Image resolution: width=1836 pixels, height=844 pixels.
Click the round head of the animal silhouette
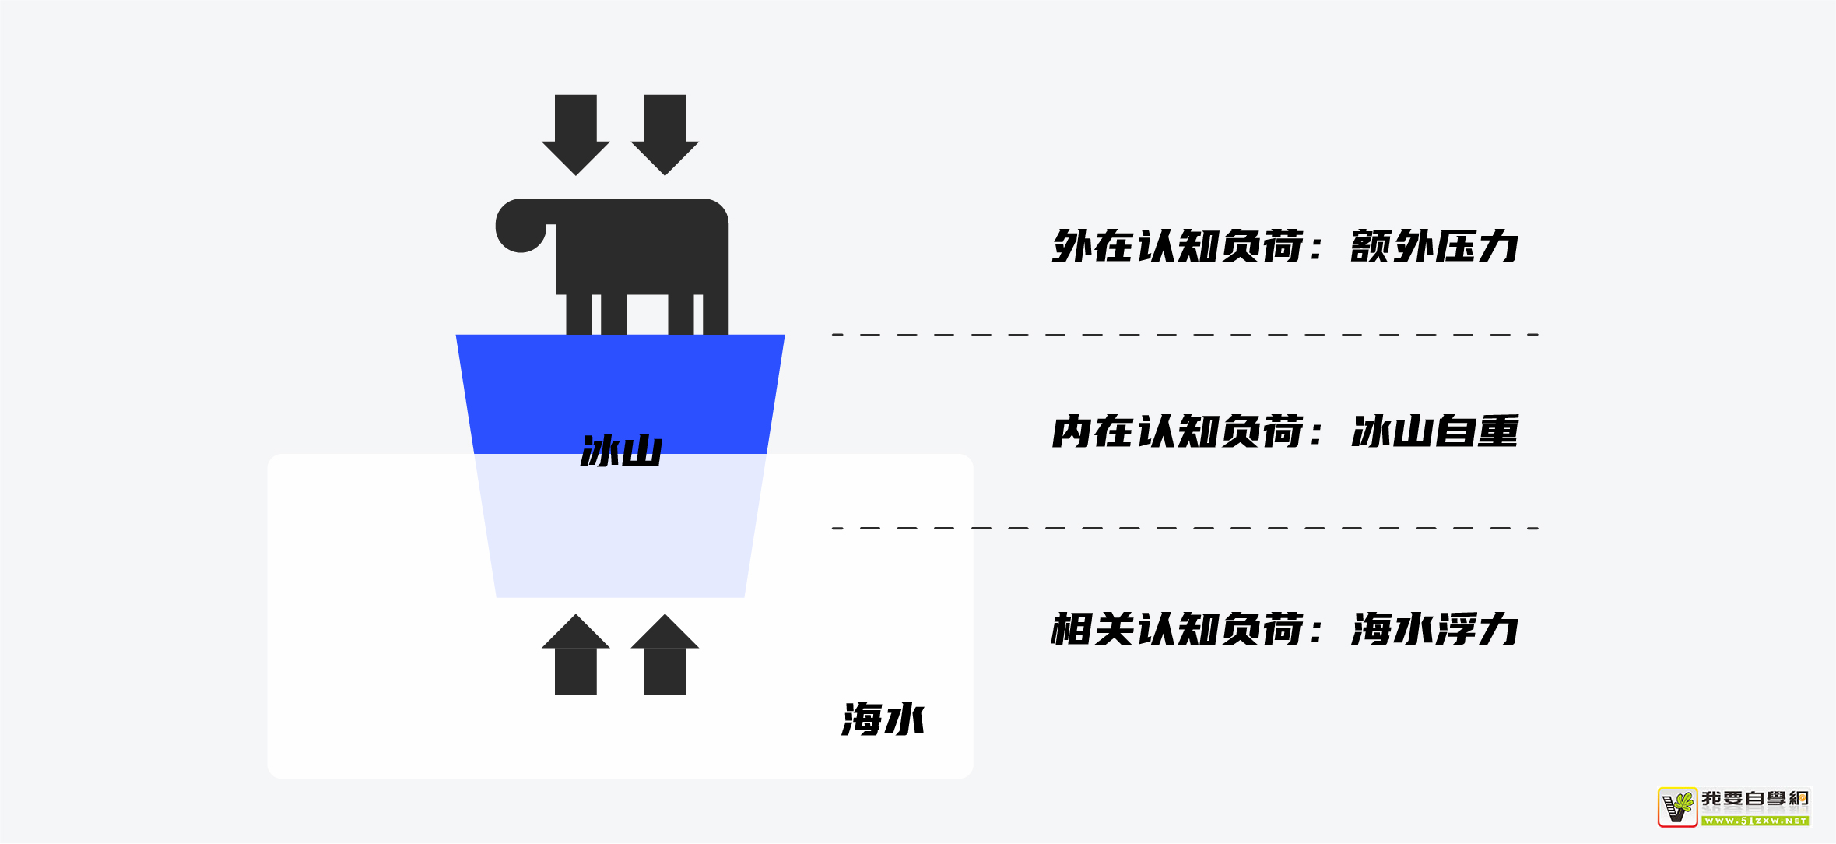[x=520, y=227]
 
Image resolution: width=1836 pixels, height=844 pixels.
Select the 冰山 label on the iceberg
[x=621, y=451]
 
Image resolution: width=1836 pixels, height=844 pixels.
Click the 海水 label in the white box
[x=883, y=719]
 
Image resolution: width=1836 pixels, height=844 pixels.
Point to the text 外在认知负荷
[x=1177, y=247]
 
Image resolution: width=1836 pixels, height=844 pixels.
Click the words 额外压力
[x=1434, y=247]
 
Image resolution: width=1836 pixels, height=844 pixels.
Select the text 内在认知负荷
[x=1177, y=432]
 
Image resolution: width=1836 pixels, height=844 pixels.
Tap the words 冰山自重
[x=1434, y=432]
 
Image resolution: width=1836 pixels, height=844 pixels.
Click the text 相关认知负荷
[x=1177, y=629]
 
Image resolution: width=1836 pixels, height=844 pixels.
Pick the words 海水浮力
[x=1434, y=629]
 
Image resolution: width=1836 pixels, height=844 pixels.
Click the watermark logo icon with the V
[x=1677, y=807]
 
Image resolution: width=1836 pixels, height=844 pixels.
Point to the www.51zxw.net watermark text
[x=1756, y=821]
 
